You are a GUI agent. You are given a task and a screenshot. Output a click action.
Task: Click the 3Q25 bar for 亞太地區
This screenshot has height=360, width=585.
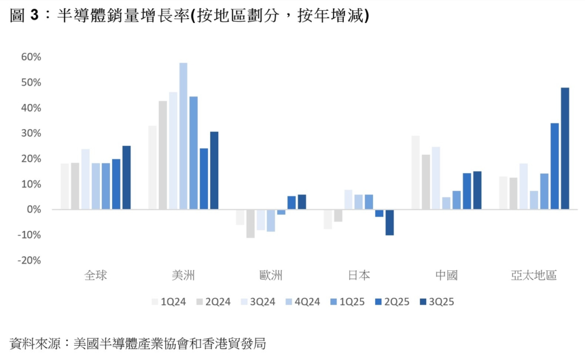(565, 149)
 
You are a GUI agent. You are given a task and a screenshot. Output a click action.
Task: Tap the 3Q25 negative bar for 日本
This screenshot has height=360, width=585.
(390, 222)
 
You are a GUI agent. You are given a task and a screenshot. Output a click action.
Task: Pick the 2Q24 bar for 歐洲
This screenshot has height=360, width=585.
(250, 223)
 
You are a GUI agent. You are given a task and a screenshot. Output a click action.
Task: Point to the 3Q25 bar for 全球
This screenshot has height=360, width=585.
(127, 178)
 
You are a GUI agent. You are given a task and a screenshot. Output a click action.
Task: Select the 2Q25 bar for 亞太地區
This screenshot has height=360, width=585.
(555, 166)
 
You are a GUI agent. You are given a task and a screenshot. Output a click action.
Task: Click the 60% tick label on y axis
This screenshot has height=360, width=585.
(31, 57)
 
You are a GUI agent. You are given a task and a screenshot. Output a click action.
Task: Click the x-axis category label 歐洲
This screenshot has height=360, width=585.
(271, 276)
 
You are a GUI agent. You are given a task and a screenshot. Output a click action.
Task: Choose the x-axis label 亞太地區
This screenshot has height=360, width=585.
(534, 276)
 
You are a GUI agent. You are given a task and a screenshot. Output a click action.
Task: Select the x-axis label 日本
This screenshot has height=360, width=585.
(359, 276)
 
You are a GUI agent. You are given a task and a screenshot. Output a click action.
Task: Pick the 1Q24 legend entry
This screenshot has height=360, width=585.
(169, 302)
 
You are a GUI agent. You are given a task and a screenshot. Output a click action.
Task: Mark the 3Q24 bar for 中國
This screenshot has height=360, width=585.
(436, 178)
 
